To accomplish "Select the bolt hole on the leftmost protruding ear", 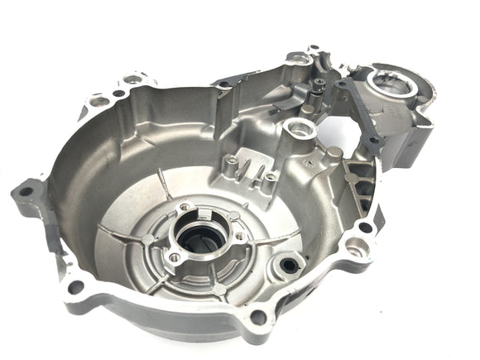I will tap(26, 191).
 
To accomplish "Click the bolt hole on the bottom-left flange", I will tap(76, 287).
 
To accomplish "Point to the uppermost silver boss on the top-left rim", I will tap(133, 79).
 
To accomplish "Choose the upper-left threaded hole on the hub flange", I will tap(184, 207).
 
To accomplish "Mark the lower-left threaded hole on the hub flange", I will tap(175, 258).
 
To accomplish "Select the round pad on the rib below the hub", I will tap(217, 290).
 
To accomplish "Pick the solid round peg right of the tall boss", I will tap(333, 154).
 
